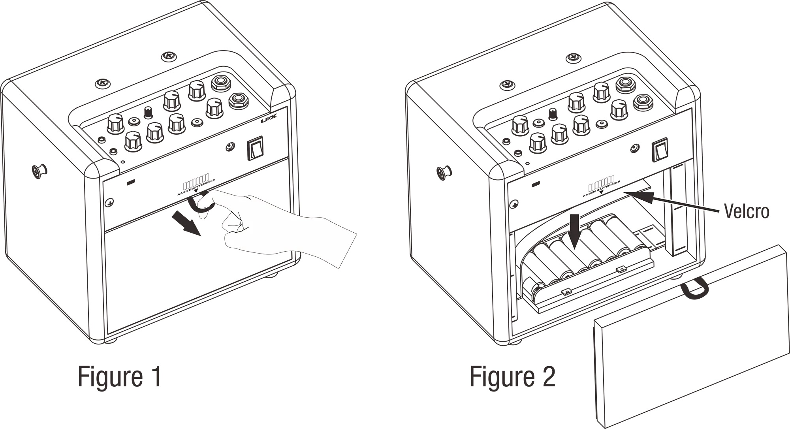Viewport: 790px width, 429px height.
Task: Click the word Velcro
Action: tap(746, 211)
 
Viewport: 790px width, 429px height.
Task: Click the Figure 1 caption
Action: tap(119, 376)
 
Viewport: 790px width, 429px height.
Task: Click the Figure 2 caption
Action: tap(512, 376)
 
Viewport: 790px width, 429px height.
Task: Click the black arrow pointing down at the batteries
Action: tap(575, 234)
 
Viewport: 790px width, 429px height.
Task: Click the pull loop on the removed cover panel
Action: tap(695, 288)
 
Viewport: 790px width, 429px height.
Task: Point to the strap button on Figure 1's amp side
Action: tap(39, 171)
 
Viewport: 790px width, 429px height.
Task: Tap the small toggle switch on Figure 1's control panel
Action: tap(149, 112)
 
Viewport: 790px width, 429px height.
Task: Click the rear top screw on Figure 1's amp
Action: tap(169, 57)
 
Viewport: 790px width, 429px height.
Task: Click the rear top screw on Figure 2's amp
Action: tap(574, 58)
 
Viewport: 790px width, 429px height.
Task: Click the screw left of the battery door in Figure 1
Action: tap(109, 203)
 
